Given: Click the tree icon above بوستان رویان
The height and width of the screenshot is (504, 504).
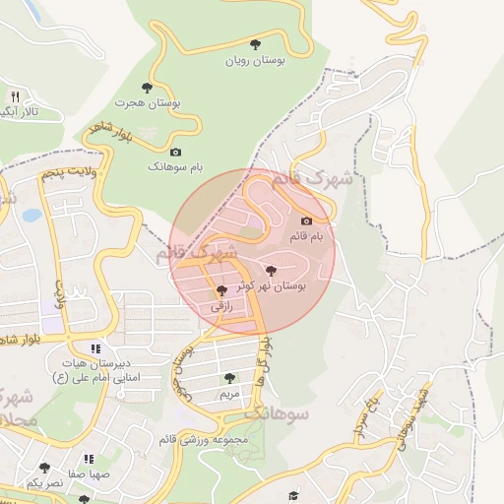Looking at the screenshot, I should click(256, 44).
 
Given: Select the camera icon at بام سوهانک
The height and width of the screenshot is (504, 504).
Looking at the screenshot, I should click(175, 152).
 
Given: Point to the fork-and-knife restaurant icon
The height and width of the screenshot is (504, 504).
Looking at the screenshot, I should click(15, 96).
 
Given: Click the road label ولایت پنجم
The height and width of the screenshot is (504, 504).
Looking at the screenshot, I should click(74, 173).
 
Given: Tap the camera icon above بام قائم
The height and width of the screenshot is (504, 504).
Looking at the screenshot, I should click(306, 221).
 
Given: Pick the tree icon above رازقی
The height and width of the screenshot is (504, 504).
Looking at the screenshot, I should click(220, 290).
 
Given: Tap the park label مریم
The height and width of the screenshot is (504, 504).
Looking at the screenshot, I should click(228, 394).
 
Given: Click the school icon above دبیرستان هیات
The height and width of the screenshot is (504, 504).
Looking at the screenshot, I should click(95, 347).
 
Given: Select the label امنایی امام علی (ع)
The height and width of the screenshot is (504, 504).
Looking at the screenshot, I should click(95, 377).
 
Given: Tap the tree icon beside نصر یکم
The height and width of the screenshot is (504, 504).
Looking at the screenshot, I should click(43, 468).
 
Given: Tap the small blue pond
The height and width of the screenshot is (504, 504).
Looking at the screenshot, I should click(31, 214).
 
